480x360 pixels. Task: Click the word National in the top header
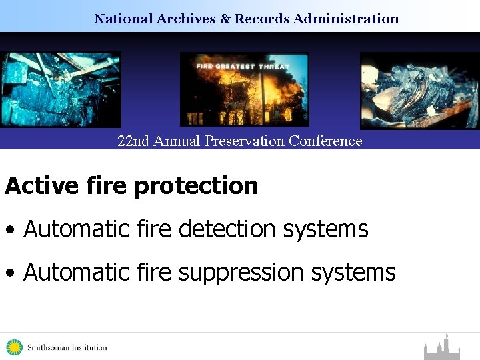coord(123,19)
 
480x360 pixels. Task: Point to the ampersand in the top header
coord(225,19)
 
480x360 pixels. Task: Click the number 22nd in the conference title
coord(133,141)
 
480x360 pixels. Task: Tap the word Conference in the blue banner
coord(327,141)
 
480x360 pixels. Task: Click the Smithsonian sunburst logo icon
coord(14,347)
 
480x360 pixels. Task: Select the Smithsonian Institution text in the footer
coord(67,347)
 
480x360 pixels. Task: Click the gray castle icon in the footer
coord(442,348)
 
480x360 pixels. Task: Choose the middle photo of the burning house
coord(245,89)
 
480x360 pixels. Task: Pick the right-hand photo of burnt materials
coord(419,91)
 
